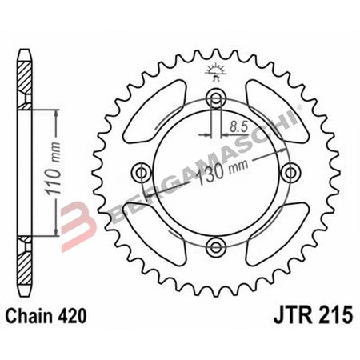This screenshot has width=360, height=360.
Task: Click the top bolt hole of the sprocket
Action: (214, 98)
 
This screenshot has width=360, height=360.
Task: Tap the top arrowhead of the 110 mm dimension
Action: (55, 113)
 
